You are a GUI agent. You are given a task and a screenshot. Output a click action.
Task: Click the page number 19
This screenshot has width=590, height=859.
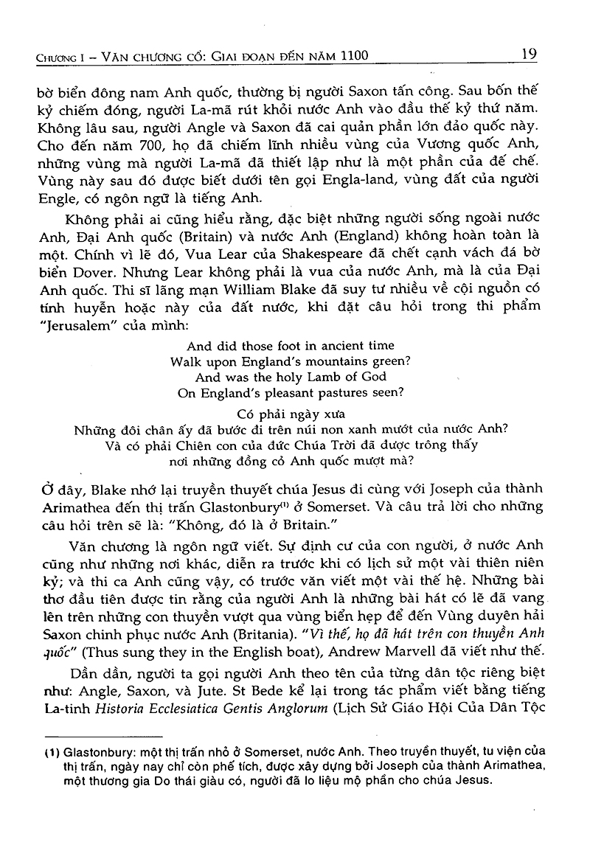click(528, 53)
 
